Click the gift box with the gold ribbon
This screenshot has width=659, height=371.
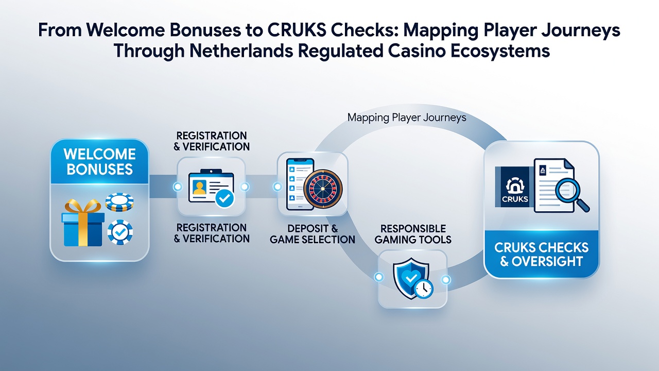pos(83,223)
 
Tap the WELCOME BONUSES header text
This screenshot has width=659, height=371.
pos(100,162)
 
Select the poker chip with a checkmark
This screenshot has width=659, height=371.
pos(120,232)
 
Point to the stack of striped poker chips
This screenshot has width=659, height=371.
pos(119,202)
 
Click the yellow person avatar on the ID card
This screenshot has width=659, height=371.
pos(199,188)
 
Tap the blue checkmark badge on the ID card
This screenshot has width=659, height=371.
pos(225,199)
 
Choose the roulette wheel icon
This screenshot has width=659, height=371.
pos(323,189)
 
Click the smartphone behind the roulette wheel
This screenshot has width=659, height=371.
pos(300,184)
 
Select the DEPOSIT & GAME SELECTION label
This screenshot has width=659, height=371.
pos(313,234)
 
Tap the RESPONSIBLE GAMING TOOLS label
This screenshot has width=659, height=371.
pos(413,234)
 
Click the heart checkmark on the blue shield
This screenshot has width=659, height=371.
pos(411,277)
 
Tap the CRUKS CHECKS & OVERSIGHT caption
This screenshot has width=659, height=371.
pos(541,254)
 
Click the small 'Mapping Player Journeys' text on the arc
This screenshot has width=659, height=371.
pos(407,118)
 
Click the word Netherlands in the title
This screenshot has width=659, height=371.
pos(241,50)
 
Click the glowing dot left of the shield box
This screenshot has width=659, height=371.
pos(379,277)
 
